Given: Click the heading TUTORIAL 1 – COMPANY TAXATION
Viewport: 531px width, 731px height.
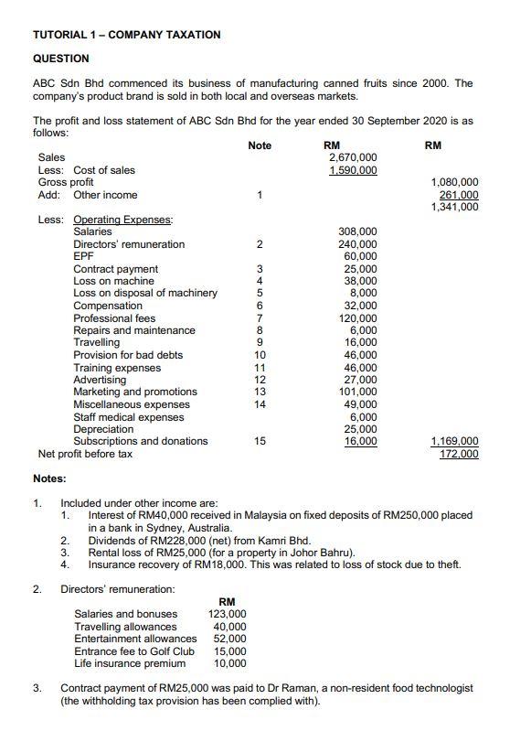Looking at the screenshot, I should click(x=126, y=35).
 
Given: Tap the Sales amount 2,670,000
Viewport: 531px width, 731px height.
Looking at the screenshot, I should click(x=352, y=157).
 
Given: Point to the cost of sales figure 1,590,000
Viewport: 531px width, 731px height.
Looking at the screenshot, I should click(x=352, y=170).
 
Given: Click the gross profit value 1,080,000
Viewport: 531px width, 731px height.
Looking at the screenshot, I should click(x=454, y=182).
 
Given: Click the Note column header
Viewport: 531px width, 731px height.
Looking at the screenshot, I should click(x=260, y=145).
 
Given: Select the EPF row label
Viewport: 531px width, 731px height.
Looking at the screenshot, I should click(x=83, y=257).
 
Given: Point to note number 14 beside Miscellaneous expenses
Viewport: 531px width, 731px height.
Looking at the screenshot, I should click(x=260, y=404).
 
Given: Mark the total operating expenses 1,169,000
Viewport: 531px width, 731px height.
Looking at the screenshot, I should click(x=454, y=441).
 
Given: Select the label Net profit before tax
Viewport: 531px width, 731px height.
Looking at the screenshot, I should click(x=85, y=454).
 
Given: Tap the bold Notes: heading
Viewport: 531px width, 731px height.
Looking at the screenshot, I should click(x=49, y=478).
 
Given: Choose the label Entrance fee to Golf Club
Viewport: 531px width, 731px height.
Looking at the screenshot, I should click(x=134, y=650).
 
